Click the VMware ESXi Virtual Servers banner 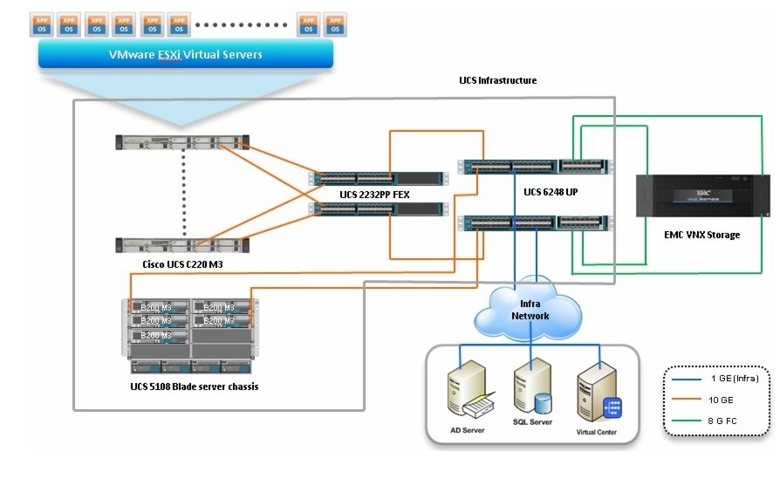[x=185, y=55]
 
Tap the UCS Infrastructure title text [x=497, y=80]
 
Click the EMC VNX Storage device [x=704, y=197]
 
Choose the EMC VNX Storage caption [x=703, y=235]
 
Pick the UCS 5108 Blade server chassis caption [x=194, y=386]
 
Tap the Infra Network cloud [x=530, y=309]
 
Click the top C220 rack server [x=182, y=141]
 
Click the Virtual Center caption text [x=599, y=433]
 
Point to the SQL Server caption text [x=533, y=422]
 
